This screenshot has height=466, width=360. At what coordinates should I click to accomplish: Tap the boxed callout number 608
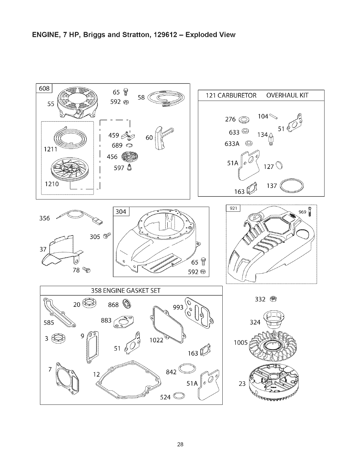pyautogui.click(x=44, y=88)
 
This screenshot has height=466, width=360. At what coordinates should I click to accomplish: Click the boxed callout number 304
pyautogui.click(x=121, y=212)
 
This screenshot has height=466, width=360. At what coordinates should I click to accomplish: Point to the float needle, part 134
pyautogui.click(x=271, y=138)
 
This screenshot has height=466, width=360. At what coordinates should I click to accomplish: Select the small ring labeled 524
pyautogui.click(x=179, y=397)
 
